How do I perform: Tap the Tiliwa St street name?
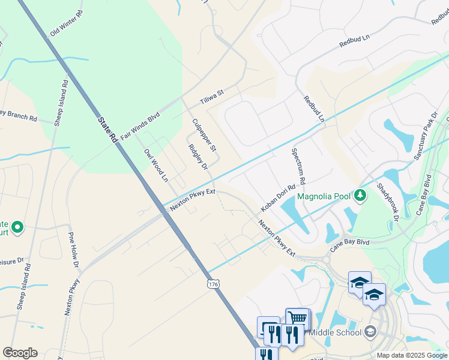pyautogui.click(x=212, y=97)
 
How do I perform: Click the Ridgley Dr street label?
pyautogui.click(x=197, y=157)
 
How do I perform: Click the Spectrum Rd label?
pyautogui.click(x=298, y=166)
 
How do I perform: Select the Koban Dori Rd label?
pyautogui.click(x=279, y=198)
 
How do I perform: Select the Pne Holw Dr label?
pyautogui.click(x=74, y=248)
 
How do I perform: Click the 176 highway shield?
pyautogui.click(x=212, y=283)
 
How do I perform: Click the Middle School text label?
pyautogui.click(x=337, y=332)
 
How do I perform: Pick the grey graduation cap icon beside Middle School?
pyautogui.click(x=370, y=332)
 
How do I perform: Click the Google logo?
pyautogui.click(x=20, y=353)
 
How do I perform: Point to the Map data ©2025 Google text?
pyautogui.click(x=412, y=355)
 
